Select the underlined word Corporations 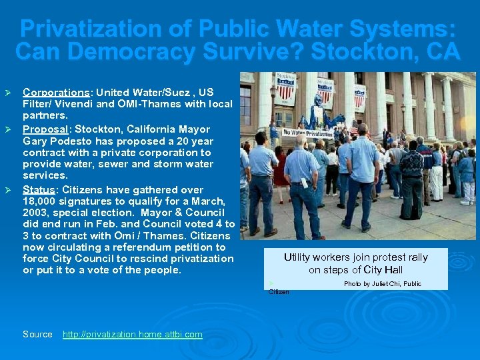coord(56,92)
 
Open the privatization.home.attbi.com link coord(132,334)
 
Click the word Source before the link coord(37,334)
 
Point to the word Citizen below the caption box coord(279,292)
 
